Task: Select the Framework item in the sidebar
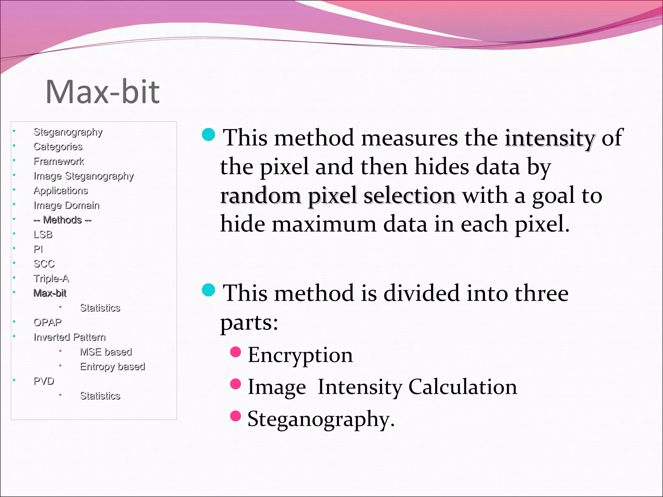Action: pyautogui.click(x=59, y=161)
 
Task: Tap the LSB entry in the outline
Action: pyautogui.click(x=43, y=234)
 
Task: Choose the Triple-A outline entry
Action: pyautogui.click(x=51, y=278)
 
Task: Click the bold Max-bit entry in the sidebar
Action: pyautogui.click(x=50, y=293)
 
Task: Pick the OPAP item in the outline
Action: pyautogui.click(x=47, y=322)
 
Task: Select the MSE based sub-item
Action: pyautogui.click(x=106, y=352)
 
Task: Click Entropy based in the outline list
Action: pyautogui.click(x=112, y=366)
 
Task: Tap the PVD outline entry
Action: pyautogui.click(x=44, y=381)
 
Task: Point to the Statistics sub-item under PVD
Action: pyautogui.click(x=100, y=396)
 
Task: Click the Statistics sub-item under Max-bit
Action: pyautogui.click(x=100, y=308)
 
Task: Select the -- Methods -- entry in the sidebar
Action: pyautogui.click(x=62, y=220)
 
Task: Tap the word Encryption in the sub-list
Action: pyautogui.click(x=300, y=355)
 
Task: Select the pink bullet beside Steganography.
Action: pyautogui.click(x=235, y=416)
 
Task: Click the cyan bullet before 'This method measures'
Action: pyautogui.click(x=208, y=135)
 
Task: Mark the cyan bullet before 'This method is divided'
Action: pyautogui.click(x=208, y=290)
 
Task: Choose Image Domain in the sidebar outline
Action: pyautogui.click(x=66, y=205)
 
